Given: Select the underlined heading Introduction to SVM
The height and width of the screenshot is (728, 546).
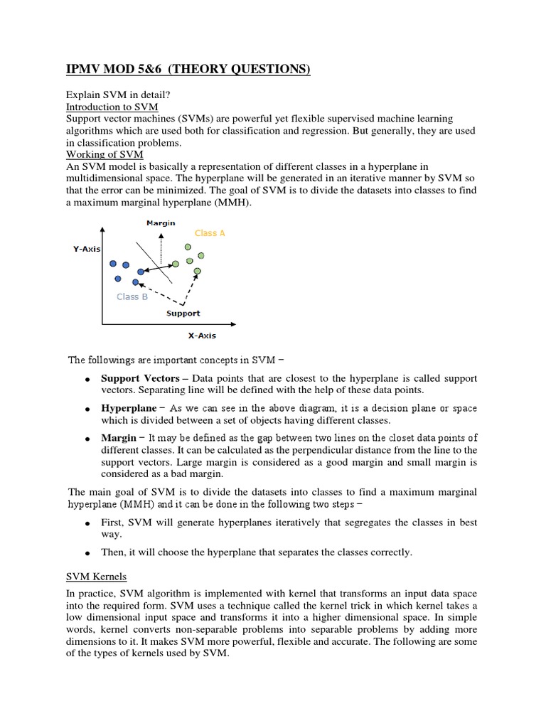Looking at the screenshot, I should coord(112,106).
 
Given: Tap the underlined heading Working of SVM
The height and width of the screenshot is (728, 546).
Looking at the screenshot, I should coord(105,154).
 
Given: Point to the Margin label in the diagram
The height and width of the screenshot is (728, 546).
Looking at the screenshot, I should coord(161,223).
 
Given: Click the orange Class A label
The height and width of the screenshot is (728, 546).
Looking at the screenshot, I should coord(210,233).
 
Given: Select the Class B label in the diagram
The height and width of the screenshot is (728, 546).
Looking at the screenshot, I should coord(132,296).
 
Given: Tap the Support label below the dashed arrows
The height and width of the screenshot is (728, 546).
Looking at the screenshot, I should coord(183,313).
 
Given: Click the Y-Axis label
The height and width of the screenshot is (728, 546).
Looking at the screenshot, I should coord(87,249).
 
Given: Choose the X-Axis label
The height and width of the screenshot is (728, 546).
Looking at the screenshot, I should coord(202,336).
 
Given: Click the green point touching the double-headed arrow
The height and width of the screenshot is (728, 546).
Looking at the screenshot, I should coord(176,264).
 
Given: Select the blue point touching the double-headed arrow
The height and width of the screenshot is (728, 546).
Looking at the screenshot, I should coord(141,272).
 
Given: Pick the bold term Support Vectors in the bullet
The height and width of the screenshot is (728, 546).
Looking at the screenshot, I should coord(140,378).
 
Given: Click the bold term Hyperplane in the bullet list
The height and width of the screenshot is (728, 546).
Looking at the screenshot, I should coord(129,408).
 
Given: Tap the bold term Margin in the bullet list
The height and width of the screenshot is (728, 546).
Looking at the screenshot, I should coord(118,437).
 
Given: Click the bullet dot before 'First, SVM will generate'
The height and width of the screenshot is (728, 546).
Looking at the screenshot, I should coord(85,524).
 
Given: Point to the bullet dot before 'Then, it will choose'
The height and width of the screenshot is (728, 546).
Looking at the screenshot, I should coord(85,553).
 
